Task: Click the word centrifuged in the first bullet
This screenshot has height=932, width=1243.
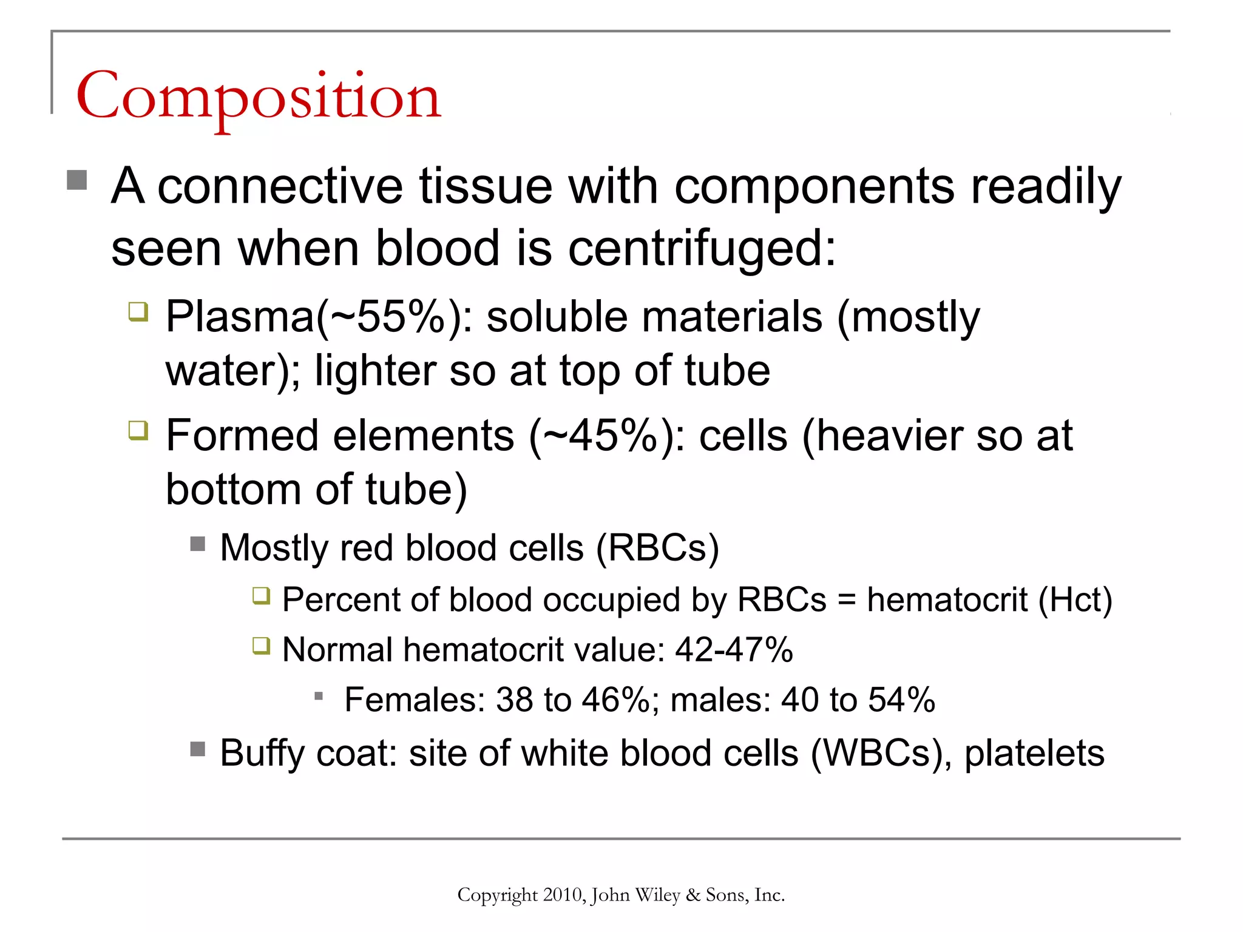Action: click(x=701, y=249)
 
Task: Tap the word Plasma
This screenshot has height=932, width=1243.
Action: click(x=240, y=317)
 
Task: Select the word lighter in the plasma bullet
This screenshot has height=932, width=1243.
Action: click(x=375, y=371)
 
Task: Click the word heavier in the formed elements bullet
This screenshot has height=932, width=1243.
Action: click(x=890, y=436)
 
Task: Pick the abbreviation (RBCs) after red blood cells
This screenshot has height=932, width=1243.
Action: click(x=657, y=548)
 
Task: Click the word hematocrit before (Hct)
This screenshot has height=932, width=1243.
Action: click(x=947, y=600)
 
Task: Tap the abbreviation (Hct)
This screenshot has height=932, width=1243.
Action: click(x=1075, y=600)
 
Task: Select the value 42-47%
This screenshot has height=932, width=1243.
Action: click(x=734, y=650)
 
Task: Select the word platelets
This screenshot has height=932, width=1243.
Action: click(x=1034, y=754)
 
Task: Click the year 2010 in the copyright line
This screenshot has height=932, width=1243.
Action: click(x=564, y=895)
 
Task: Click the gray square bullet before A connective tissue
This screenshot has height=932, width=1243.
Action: click(x=77, y=180)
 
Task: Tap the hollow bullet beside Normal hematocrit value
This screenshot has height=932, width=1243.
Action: click(x=261, y=646)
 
